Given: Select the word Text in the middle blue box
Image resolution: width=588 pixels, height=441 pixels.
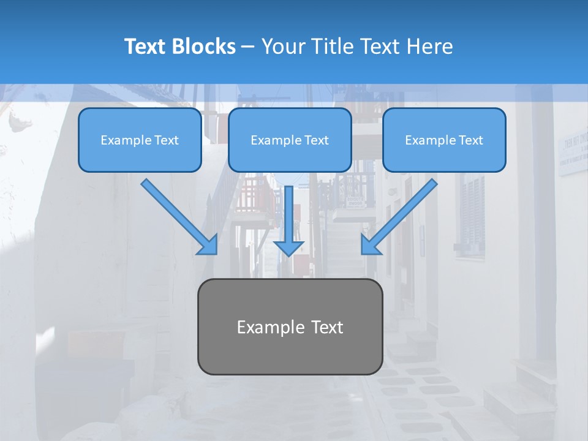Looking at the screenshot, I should tap(316, 140).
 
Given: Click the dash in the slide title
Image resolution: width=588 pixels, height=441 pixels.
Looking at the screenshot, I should tap(248, 47).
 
